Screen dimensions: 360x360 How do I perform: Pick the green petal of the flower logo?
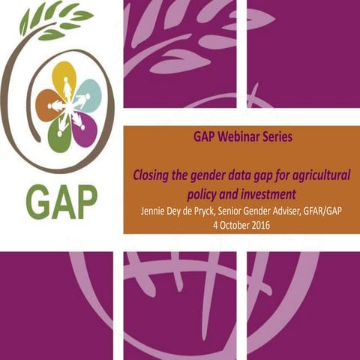(x=58, y=135)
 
